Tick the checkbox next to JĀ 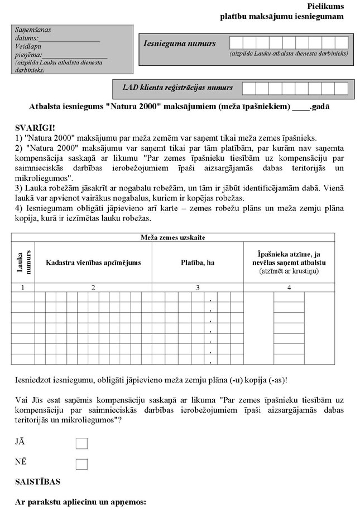pyautogui.click(x=81, y=443)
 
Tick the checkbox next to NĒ pyautogui.click(x=81, y=464)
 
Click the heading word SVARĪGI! pyautogui.click(x=33, y=128)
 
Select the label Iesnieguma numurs pyautogui.click(x=180, y=43)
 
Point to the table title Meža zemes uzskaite pyautogui.click(x=172, y=237)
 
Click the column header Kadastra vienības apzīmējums pyautogui.click(x=93, y=262)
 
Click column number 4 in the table pyautogui.click(x=289, y=288)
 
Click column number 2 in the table pyautogui.click(x=93, y=288)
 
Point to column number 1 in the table pyautogui.click(x=23, y=288)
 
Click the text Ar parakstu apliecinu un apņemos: pyautogui.click(x=80, y=502)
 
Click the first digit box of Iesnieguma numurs pyautogui.click(x=236, y=43)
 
